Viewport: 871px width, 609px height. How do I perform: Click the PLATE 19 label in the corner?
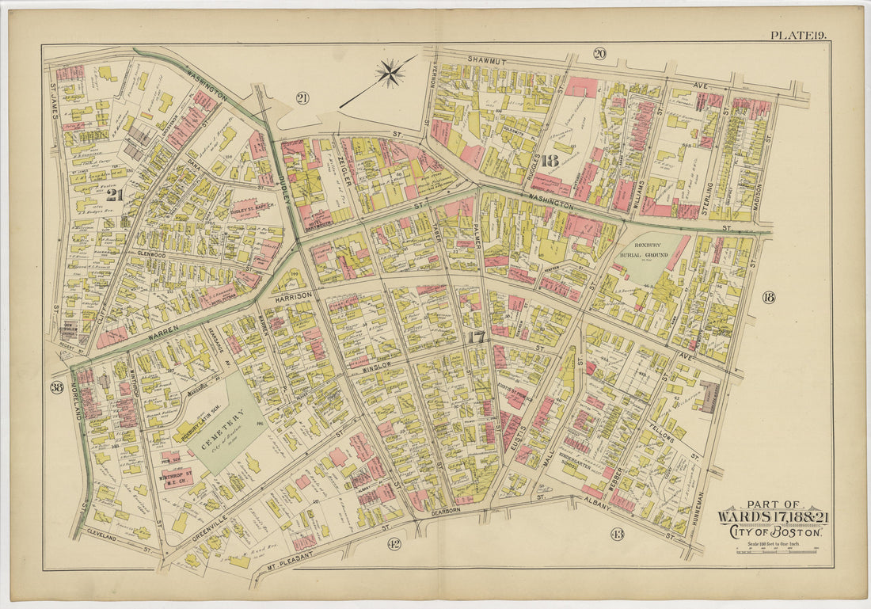click(x=799, y=34)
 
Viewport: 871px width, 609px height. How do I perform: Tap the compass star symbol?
click(x=389, y=74)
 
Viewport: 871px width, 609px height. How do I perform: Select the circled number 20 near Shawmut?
click(x=599, y=54)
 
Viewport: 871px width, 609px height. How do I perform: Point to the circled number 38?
click(x=56, y=388)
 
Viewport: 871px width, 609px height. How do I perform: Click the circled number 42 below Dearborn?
click(x=393, y=543)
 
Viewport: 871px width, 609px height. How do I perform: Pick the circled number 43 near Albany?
click(x=617, y=533)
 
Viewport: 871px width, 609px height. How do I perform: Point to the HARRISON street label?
click(x=295, y=298)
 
